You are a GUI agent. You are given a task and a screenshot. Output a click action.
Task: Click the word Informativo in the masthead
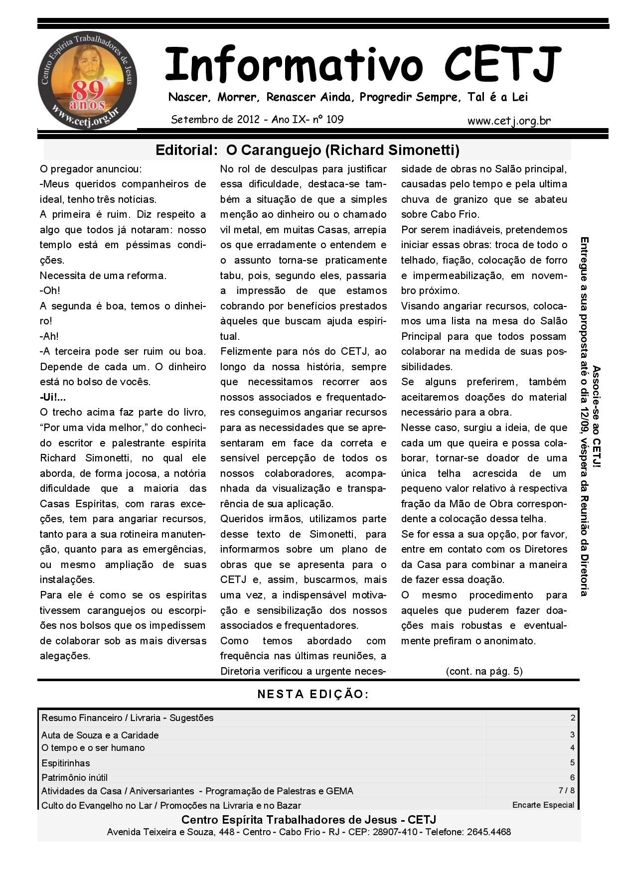pos(294,65)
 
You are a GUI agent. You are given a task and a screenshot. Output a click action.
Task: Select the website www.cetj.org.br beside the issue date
pos(509,121)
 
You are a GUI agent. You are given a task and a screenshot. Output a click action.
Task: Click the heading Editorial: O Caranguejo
pos(307,150)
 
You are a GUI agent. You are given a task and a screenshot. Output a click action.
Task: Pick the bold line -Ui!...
pos(53,397)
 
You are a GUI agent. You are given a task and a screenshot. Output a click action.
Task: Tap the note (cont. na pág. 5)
pos(484,671)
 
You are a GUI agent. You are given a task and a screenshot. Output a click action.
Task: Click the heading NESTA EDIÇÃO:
pos(313,694)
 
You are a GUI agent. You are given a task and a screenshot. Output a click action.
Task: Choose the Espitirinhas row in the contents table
pos(66,763)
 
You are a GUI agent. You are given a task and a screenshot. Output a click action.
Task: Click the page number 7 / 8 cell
pos(567,790)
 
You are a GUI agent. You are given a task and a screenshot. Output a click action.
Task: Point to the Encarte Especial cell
pos(543,805)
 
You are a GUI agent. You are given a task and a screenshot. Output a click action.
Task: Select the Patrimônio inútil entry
pos(75,777)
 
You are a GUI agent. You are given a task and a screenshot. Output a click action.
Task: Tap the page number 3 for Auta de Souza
pos(572,734)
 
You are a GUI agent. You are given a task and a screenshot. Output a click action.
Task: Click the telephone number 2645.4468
pos(488,832)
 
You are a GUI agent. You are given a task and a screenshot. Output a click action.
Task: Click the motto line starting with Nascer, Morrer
pos(348,97)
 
